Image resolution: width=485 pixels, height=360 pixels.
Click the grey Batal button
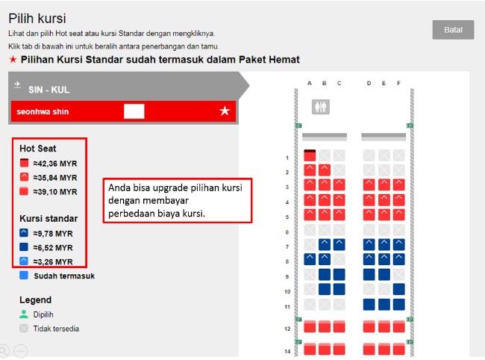[x=453, y=30]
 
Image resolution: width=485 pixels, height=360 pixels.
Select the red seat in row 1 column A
[x=310, y=155]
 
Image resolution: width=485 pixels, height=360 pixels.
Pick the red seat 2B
[x=325, y=170]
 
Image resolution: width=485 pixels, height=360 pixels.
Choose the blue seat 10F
[x=398, y=289]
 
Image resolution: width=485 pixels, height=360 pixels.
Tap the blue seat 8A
[x=310, y=259]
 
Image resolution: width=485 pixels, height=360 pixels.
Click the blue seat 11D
[x=369, y=304]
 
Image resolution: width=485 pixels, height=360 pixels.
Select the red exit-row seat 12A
[x=310, y=326]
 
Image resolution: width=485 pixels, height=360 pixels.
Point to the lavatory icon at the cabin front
[x=320, y=107]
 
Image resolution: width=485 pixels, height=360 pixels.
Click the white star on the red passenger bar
[x=225, y=111]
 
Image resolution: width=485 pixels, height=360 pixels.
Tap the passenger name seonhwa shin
[x=43, y=112]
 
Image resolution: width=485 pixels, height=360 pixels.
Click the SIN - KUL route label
[x=48, y=90]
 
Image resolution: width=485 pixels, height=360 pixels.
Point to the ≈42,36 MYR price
[x=55, y=164]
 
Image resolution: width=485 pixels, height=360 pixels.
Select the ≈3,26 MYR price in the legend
[x=53, y=262]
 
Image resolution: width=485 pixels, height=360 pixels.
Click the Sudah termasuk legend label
[x=64, y=276]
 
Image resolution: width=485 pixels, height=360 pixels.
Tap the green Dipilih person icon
[x=24, y=314]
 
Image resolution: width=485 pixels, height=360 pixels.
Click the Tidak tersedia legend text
[x=56, y=329]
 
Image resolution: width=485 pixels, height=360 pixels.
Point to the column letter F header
[x=398, y=83]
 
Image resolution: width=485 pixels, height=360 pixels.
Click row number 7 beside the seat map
[x=287, y=246]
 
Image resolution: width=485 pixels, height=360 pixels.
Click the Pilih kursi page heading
[x=37, y=19]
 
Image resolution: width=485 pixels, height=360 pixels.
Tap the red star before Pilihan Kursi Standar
[x=13, y=59]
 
